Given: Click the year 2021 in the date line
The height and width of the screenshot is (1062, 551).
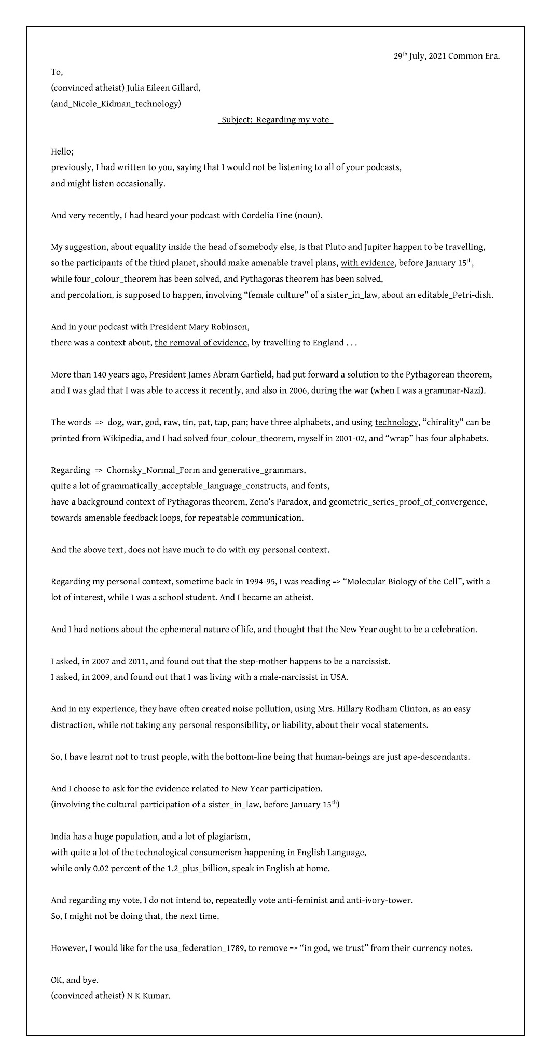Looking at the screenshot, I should tap(437, 56).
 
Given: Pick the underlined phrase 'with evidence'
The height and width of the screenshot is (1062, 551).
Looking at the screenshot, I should tap(367, 263).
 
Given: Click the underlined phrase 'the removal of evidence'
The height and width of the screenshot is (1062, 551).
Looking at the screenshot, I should tap(201, 343).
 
